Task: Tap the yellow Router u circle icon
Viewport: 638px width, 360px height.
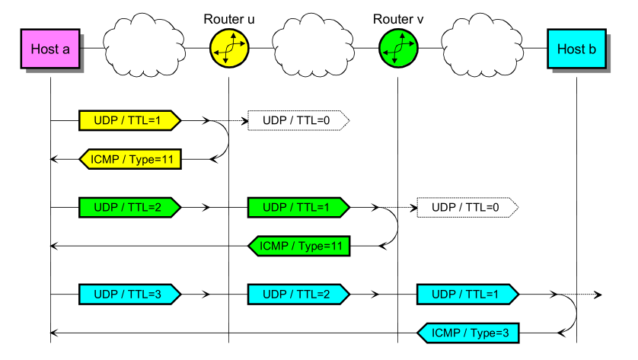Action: click(229, 49)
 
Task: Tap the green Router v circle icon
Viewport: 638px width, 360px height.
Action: click(398, 49)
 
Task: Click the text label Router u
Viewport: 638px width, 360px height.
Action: click(229, 18)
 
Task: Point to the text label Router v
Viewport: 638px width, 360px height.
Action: click(398, 18)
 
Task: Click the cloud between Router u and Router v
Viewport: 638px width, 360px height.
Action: click(314, 46)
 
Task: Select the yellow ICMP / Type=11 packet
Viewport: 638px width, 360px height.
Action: click(130, 159)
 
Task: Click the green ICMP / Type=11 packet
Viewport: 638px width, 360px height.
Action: click(299, 246)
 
